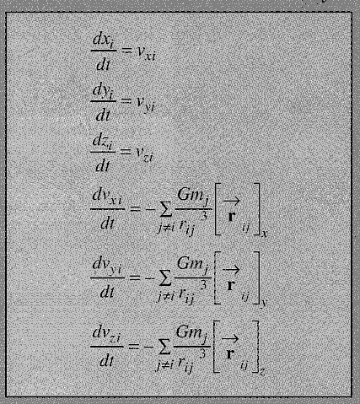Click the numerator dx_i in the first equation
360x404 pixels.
coord(103,40)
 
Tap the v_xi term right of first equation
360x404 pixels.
coord(146,53)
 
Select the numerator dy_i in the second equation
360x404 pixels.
coord(103,91)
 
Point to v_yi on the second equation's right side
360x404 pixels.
coord(146,104)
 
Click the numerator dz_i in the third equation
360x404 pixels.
coord(103,142)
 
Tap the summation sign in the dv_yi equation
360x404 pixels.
coord(165,279)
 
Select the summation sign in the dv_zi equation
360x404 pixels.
coord(164,348)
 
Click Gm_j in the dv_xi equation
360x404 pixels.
coord(194,196)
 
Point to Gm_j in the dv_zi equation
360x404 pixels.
coord(193,333)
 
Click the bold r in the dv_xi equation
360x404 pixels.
coord(232,216)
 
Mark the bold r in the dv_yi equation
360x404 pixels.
coord(231,285)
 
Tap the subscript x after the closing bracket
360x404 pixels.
coord(264,234)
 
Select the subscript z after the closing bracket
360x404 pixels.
coord(262,372)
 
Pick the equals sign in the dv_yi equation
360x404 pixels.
coord(134,277)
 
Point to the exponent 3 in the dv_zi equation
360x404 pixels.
coord(203,354)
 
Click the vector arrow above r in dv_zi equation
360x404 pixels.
coord(230,339)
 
